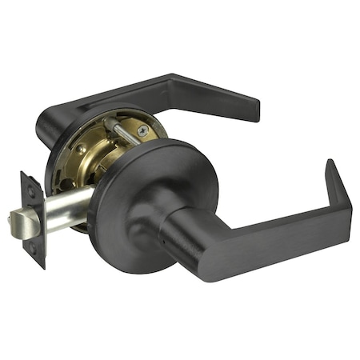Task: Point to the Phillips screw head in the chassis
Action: point(142,130)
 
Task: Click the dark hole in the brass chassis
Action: point(67,184)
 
